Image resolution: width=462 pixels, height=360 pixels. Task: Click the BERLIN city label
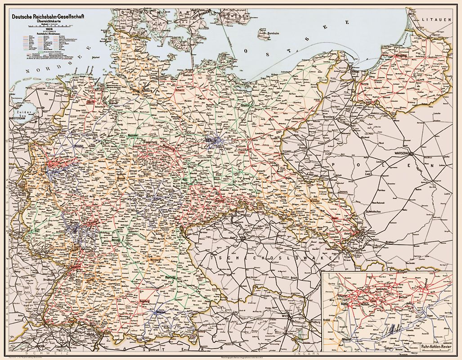[211, 141]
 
